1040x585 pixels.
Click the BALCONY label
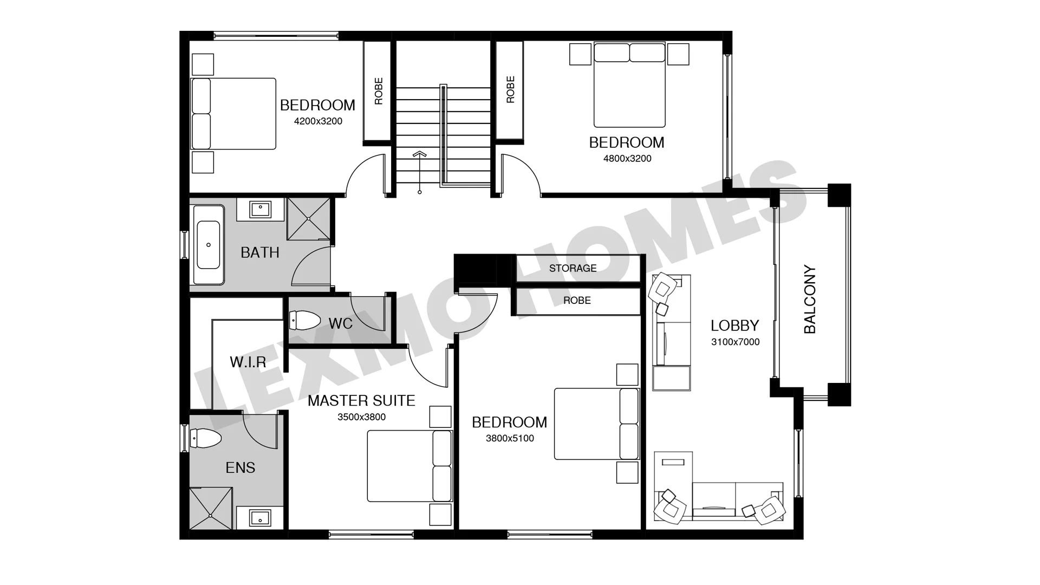(810, 299)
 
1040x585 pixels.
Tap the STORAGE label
(573, 268)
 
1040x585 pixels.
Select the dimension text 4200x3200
(318, 121)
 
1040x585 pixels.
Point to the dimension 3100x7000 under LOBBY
(735, 342)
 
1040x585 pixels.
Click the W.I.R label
(248, 362)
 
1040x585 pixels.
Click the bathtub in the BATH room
(209, 245)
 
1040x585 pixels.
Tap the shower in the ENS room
(211, 508)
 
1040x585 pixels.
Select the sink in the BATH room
(261, 209)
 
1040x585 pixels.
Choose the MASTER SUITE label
(361, 401)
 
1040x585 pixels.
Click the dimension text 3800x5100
(510, 438)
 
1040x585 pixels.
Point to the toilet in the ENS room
(205, 438)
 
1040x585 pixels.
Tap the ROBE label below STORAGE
(577, 301)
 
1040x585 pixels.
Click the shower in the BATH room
(308, 218)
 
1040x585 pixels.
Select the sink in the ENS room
(260, 518)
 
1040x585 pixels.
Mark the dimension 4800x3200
(627, 159)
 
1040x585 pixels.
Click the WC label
(340, 324)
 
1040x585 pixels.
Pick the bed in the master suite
(409, 466)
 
